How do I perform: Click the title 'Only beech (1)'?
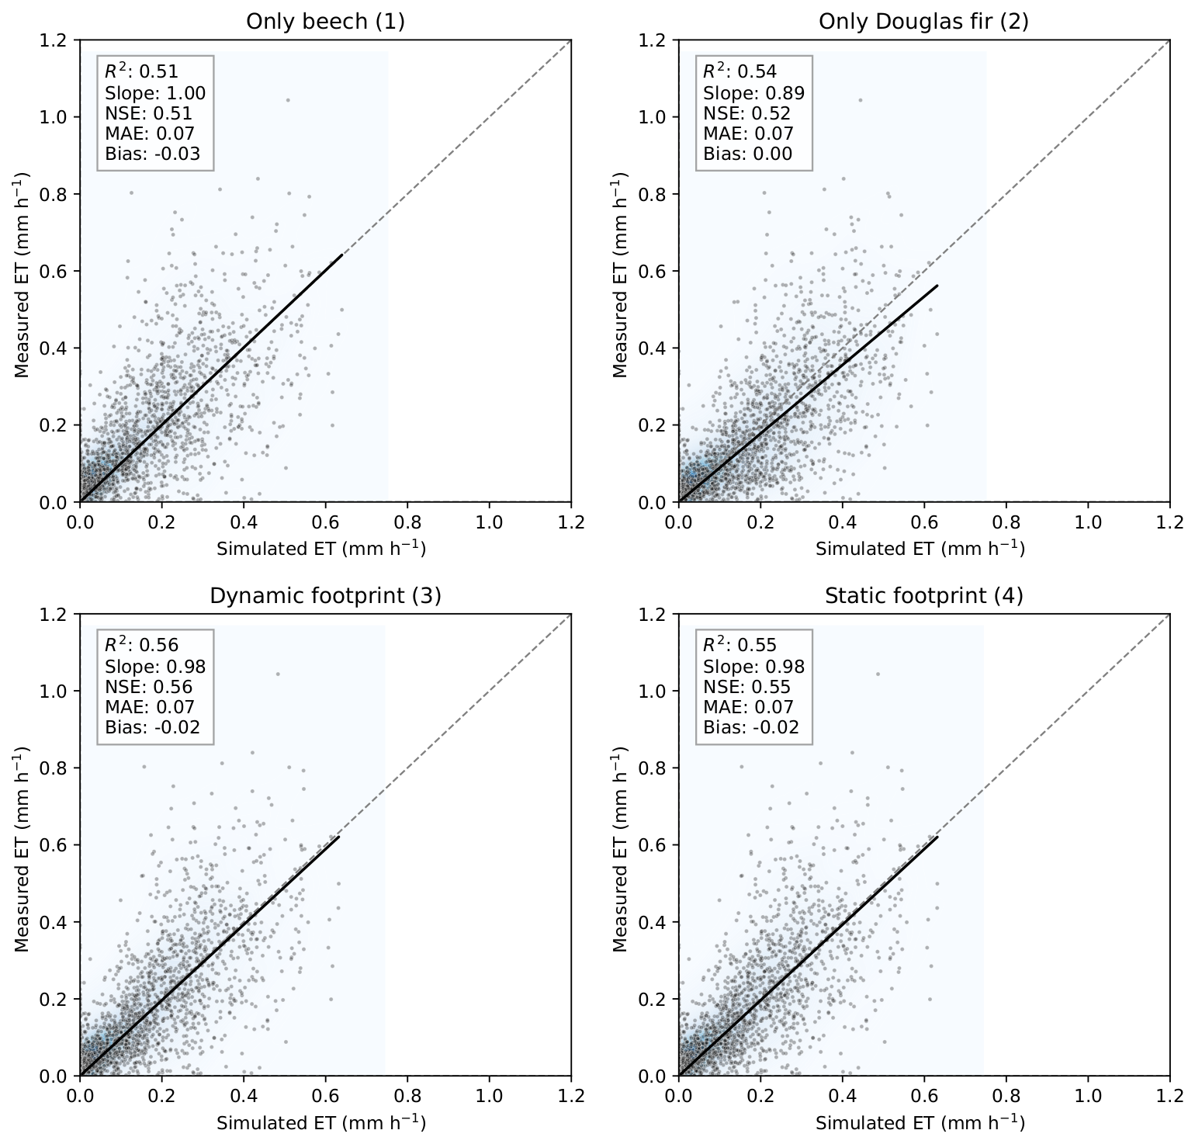pyautogui.click(x=325, y=21)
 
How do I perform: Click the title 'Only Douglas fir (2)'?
pyautogui.click(x=923, y=21)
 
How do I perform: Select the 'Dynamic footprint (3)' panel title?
pyautogui.click(x=325, y=595)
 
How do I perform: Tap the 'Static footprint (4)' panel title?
pyautogui.click(x=923, y=595)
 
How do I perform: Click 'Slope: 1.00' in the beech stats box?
pyautogui.click(x=155, y=93)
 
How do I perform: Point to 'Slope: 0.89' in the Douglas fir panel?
pyautogui.click(x=753, y=93)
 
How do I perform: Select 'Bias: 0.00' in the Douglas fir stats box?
pyautogui.click(x=747, y=154)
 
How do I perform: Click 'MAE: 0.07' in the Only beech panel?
pyautogui.click(x=149, y=133)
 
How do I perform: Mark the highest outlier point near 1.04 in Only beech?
pyautogui.click(x=288, y=99)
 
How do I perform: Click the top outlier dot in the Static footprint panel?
pyautogui.click(x=878, y=674)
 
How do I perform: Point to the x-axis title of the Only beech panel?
pyautogui.click(x=321, y=549)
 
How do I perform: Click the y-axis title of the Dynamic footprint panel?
pyautogui.click(x=22, y=849)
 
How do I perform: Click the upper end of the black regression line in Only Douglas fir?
pyautogui.click(x=937, y=286)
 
